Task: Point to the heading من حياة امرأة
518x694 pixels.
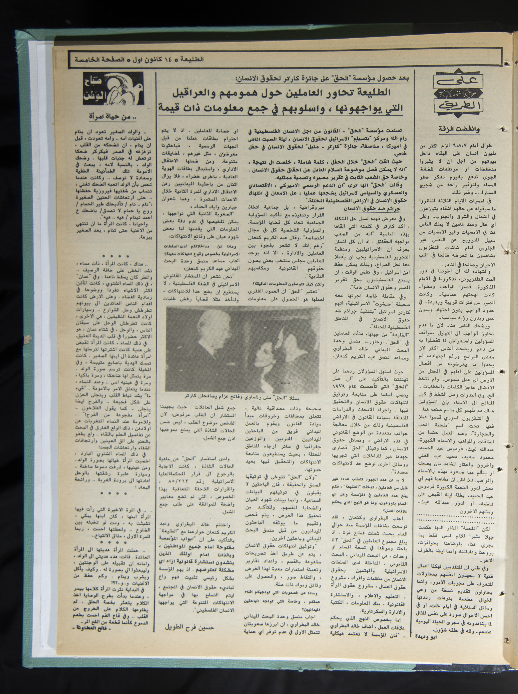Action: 113,118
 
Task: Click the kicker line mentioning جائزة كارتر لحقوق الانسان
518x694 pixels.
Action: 323,78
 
